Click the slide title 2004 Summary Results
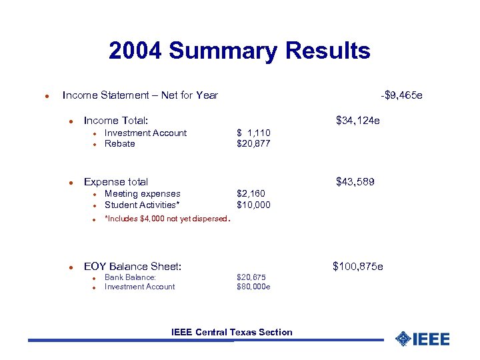pyautogui.click(x=239, y=51)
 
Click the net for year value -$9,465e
pyautogui.click(x=401, y=95)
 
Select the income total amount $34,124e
pyautogui.click(x=358, y=121)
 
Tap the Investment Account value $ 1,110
pyautogui.click(x=253, y=133)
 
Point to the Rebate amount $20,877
pyautogui.click(x=253, y=143)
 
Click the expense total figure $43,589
pyautogui.click(x=355, y=181)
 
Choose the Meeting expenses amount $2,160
pyautogui.click(x=251, y=194)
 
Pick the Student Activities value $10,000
pyautogui.click(x=253, y=205)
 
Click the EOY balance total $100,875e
pyautogui.click(x=358, y=267)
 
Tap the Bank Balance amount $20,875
pyautogui.click(x=251, y=277)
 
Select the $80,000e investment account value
pyautogui.click(x=253, y=287)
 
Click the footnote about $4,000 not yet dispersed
pyautogui.click(x=167, y=218)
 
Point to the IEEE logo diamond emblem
pyautogui.click(x=403, y=339)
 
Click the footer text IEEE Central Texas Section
pyautogui.click(x=231, y=332)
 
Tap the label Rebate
pyautogui.click(x=120, y=143)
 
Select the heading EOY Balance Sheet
pyautogui.click(x=133, y=267)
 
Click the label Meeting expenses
pyautogui.click(x=143, y=194)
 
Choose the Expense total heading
pyautogui.click(x=116, y=181)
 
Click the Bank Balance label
pyautogui.click(x=131, y=277)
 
